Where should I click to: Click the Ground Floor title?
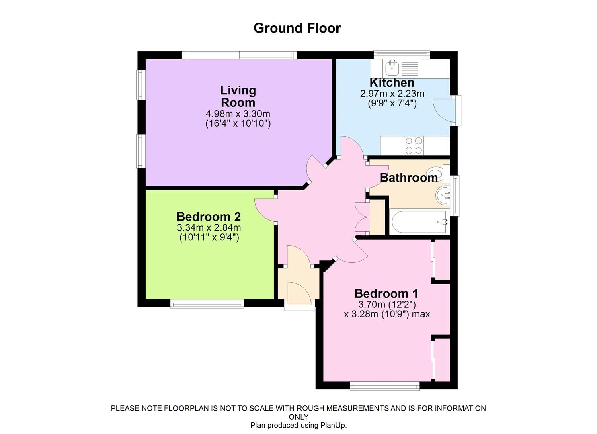pyautogui.click(x=297, y=28)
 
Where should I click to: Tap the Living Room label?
pyautogui.click(x=238, y=96)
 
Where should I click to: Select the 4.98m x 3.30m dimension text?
pyautogui.click(x=238, y=114)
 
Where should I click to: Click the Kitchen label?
pyautogui.click(x=392, y=82)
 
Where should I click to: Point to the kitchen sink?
pyautogui.click(x=392, y=68)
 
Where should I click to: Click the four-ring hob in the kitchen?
pyautogui.click(x=414, y=145)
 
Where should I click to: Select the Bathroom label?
pyautogui.click(x=408, y=178)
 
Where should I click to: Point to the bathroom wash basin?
pyautogui.click(x=443, y=196)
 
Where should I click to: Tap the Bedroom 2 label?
pyautogui.click(x=209, y=217)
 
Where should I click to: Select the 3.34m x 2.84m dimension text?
pyautogui.click(x=209, y=227)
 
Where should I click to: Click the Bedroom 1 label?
pyautogui.click(x=386, y=293)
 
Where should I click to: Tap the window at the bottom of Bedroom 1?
pyautogui.click(x=385, y=386)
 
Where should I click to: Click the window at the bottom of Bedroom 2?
pyautogui.click(x=207, y=304)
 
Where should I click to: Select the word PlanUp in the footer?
pyautogui.click(x=332, y=425)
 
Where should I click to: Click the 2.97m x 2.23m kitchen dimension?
pyautogui.click(x=392, y=94)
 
